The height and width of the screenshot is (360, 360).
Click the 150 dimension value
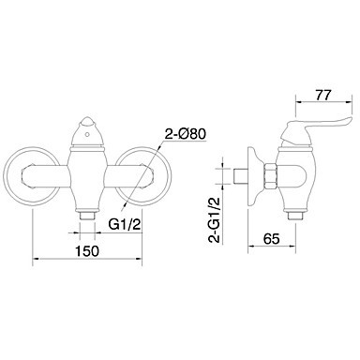(86, 250)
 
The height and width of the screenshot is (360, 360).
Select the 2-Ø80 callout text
(185, 134)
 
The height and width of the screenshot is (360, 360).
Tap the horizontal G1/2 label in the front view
(124, 224)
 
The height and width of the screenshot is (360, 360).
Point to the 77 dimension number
(323, 95)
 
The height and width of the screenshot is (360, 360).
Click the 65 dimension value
(271, 239)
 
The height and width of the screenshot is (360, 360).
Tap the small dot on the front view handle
(87, 136)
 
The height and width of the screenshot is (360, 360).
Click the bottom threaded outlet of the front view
(87, 216)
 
